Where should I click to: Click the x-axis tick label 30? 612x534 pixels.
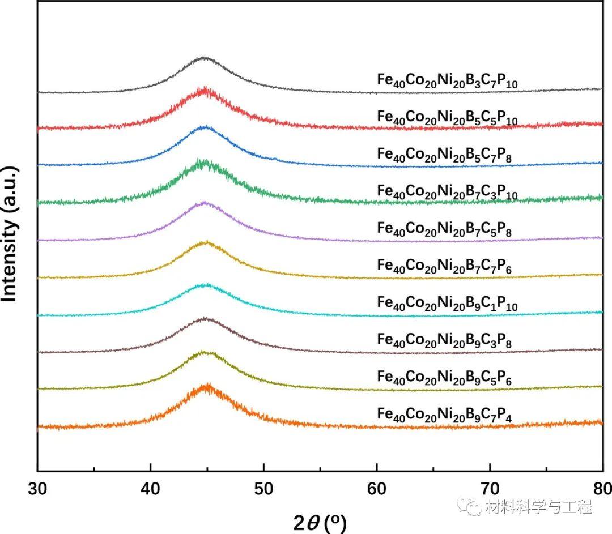37,488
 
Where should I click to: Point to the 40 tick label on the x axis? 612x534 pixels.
151,488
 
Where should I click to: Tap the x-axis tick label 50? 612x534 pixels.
263,488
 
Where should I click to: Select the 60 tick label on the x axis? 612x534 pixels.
377,488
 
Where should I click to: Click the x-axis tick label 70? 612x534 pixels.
490,488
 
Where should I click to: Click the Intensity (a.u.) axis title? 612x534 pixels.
11,233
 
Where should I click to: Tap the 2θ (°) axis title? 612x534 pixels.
320,522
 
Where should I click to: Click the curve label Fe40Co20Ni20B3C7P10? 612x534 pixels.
448,80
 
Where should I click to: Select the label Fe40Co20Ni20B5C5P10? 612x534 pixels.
448,118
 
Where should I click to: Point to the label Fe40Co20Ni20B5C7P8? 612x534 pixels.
445,155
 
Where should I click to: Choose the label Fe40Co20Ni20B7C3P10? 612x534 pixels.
448,192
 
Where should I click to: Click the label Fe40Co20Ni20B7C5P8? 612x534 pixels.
445,229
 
